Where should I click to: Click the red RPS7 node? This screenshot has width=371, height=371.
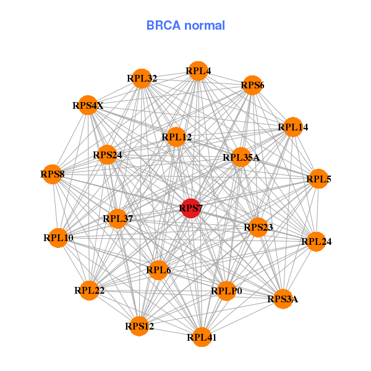191,209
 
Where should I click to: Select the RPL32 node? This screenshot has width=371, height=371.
142,79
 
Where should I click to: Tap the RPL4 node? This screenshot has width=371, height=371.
198,71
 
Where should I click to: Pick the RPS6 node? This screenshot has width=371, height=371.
252,85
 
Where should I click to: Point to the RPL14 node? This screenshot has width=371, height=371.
292,127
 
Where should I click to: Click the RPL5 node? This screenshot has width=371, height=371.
318,179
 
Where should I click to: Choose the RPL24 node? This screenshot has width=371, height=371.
316,241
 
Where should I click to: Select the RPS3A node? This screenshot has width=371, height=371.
283,299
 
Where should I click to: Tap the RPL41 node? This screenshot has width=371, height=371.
202,337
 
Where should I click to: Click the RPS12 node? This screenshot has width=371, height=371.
140,326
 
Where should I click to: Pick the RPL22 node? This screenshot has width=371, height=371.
90,290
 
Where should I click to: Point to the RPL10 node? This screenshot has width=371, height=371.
59,237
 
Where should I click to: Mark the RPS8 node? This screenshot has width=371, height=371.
53,174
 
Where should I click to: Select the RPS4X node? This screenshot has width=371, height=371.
88,106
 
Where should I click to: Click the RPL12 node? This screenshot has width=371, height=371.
177,137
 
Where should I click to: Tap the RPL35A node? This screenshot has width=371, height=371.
241,157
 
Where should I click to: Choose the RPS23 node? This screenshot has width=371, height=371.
258,228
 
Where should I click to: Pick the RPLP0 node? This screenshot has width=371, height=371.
226,291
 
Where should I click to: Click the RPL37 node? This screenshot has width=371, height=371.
118,218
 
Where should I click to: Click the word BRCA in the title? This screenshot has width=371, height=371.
161,25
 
